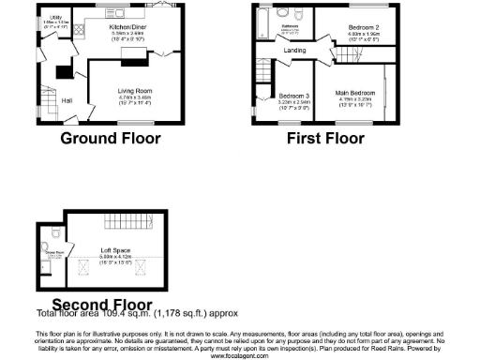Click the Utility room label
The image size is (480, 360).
pos(56,17)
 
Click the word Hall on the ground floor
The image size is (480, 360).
pos(67,100)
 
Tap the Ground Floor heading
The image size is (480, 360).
pos(110,139)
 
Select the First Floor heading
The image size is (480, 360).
pos(326,139)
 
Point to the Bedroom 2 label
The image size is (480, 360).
pos(356,28)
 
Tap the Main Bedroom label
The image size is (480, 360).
pos(361,94)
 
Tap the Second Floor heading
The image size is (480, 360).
pos(101,304)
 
